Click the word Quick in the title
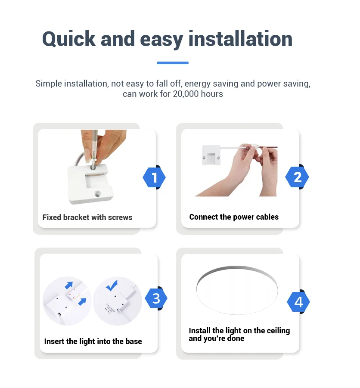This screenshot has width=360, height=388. pos(69,39)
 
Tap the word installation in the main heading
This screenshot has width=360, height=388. pos(240,39)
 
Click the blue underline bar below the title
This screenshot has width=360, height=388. pos(172,63)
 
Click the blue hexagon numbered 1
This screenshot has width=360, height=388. pos(154,177)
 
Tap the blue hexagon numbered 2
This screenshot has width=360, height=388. pos(297,177)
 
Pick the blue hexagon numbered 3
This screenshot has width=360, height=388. pos(156,298)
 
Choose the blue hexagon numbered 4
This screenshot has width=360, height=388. pos(298,302)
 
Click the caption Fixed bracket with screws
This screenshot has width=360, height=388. pos(87,217)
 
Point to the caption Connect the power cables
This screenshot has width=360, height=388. pos(234,217)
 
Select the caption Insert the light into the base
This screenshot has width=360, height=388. pos(93,341)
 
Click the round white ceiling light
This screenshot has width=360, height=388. pos(237,290)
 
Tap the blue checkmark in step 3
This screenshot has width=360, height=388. pos(112,286)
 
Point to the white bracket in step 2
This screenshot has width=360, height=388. pos(211,155)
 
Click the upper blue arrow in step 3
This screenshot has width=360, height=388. pos(69,286)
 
